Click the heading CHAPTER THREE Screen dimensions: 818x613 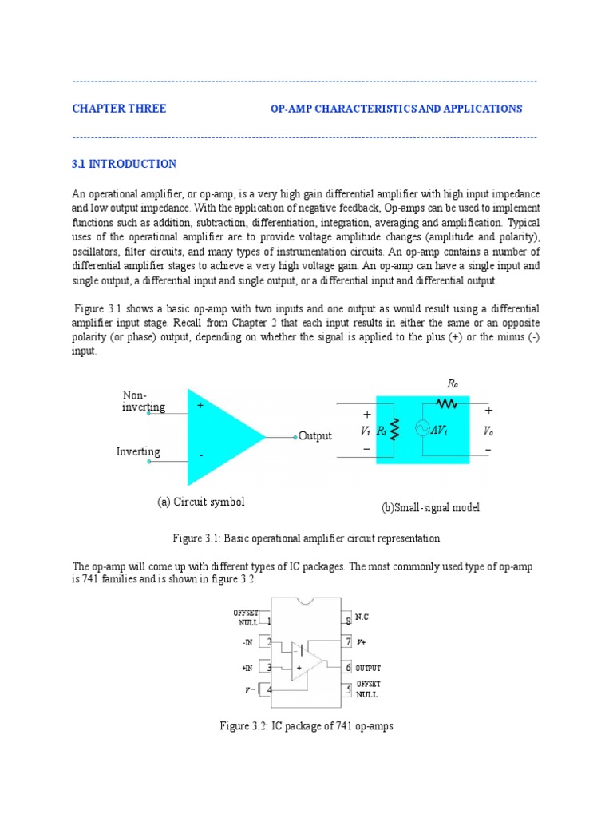click(119, 109)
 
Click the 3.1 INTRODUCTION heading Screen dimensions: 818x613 click(124, 164)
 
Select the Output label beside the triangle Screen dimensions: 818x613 click(314, 436)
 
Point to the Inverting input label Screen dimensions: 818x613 click(138, 451)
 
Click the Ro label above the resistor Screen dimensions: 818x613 click(453, 384)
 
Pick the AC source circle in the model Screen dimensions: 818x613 click(421, 430)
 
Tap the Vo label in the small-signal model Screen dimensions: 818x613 click(488, 431)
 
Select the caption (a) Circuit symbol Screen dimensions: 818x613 click(200, 502)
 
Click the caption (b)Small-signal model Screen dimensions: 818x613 click(431, 508)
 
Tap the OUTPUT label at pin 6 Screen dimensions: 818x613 click(368, 668)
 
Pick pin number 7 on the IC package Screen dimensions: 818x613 click(348, 641)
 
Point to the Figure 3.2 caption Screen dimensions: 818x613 click(306, 726)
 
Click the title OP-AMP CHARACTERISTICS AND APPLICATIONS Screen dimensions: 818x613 click(396, 109)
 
